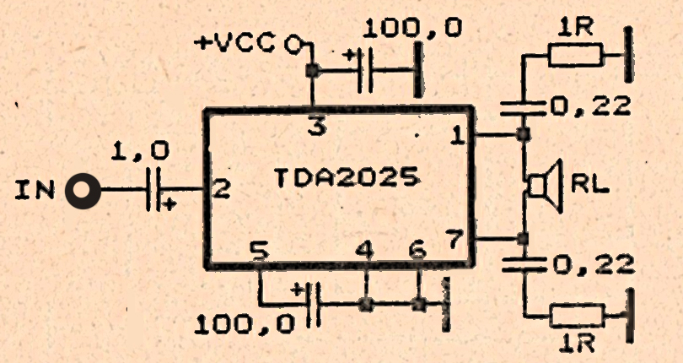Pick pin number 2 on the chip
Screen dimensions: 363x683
pyautogui.click(x=219, y=190)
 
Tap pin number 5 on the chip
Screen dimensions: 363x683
pyautogui.click(x=261, y=251)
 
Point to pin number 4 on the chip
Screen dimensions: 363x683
pyautogui.click(x=364, y=251)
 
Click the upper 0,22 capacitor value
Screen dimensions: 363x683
pyautogui.click(x=591, y=106)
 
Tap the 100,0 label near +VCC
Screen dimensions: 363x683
pyautogui.click(x=413, y=28)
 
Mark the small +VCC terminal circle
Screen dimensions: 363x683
pyautogui.click(x=293, y=43)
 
